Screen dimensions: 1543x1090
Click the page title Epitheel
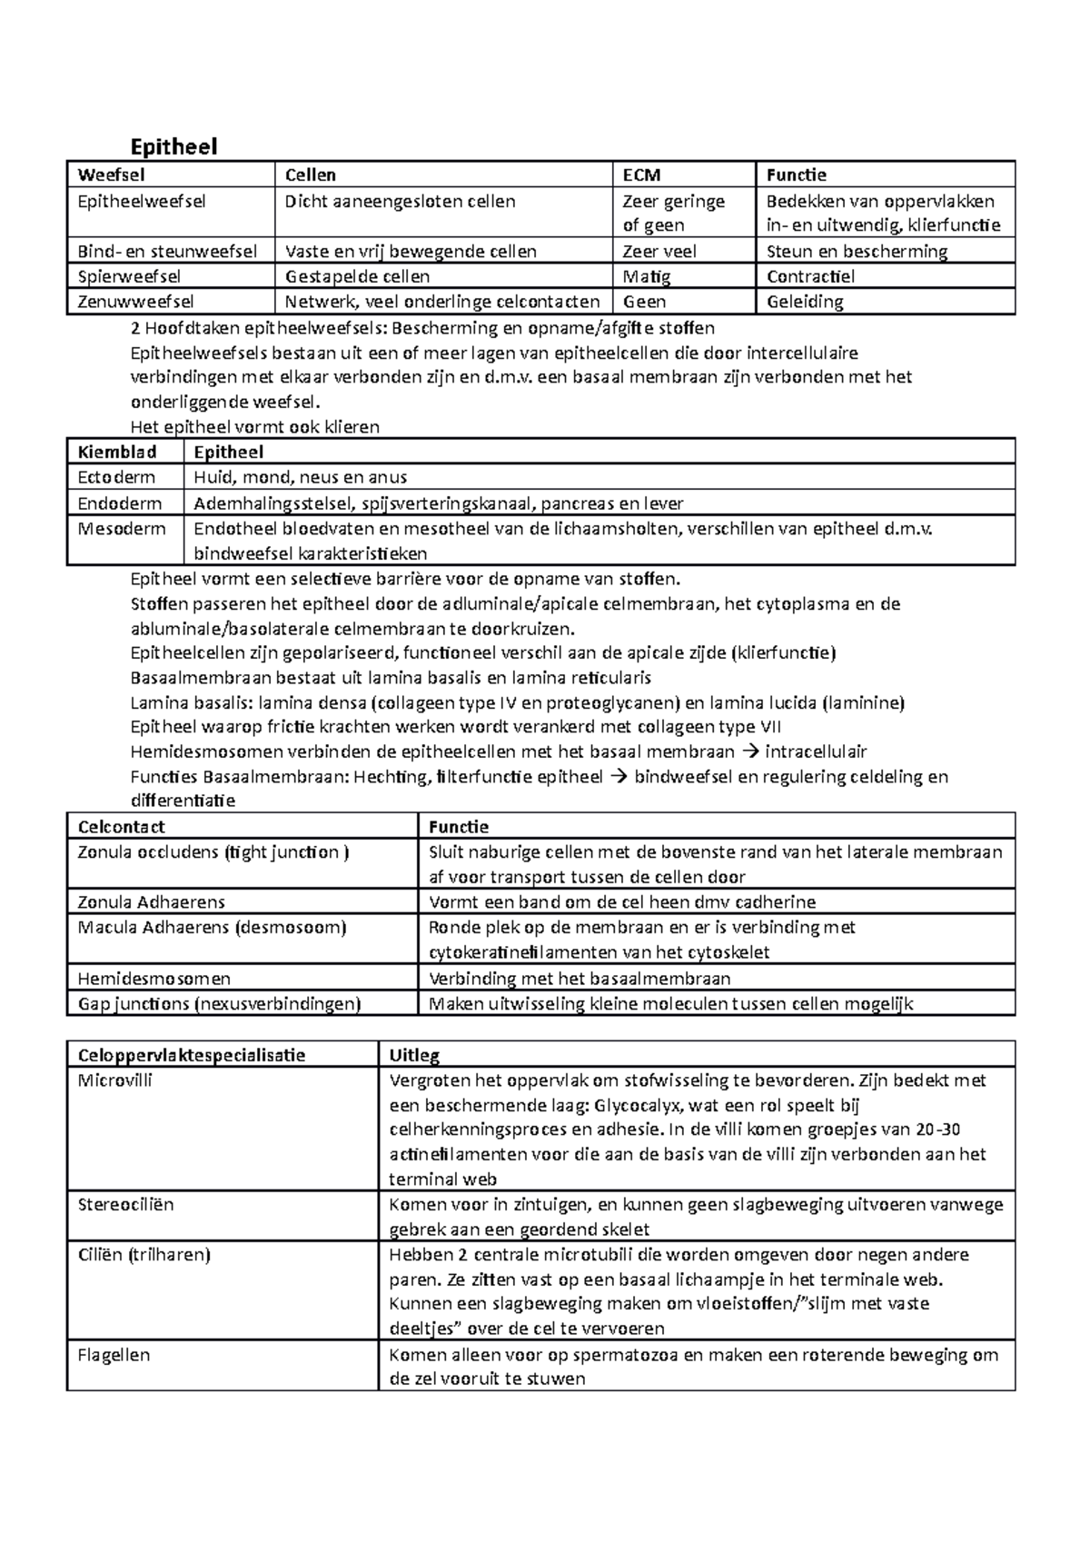(173, 146)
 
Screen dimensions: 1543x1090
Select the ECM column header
(641, 174)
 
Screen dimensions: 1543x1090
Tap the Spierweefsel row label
(129, 276)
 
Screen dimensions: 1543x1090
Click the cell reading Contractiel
(810, 276)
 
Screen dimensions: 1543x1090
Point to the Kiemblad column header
(117, 452)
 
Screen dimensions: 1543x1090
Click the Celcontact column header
(122, 826)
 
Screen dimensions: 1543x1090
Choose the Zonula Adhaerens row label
(152, 902)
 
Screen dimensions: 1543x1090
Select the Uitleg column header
(414, 1055)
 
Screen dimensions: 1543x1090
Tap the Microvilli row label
(115, 1080)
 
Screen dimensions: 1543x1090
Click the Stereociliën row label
(125, 1205)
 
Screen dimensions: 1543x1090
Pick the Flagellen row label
(114, 1355)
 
